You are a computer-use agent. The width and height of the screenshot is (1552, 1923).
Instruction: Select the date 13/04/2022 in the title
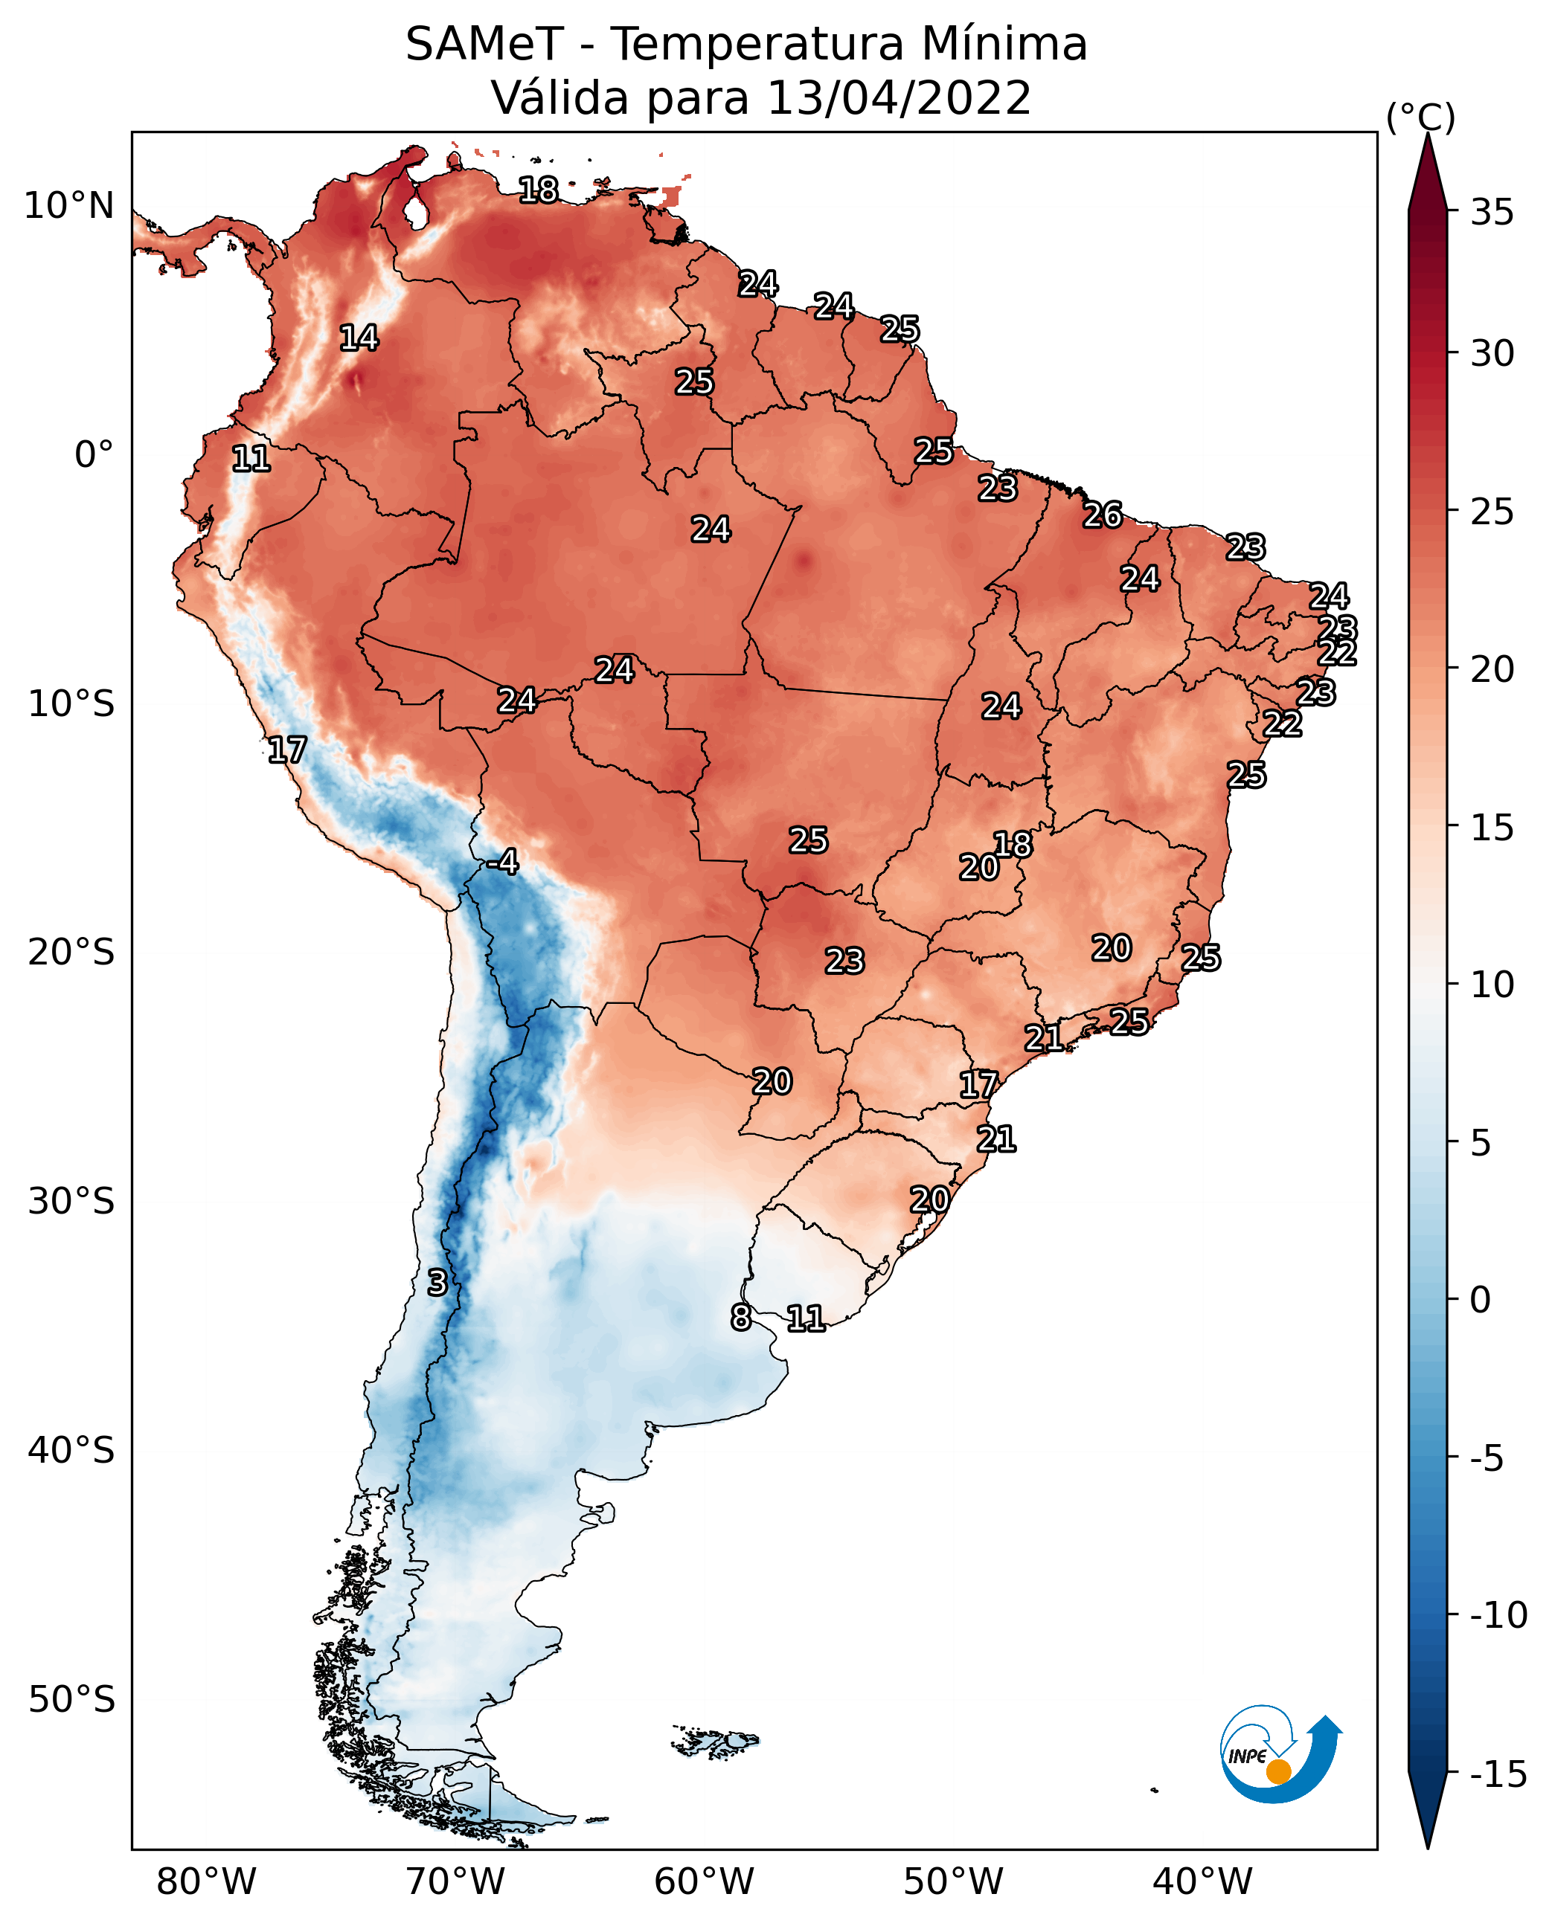[899, 98]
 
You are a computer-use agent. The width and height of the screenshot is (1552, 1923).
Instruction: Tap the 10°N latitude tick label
[69, 207]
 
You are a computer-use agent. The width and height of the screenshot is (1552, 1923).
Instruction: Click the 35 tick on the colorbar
[1492, 213]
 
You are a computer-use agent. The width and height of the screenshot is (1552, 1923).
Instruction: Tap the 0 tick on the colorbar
[1481, 1299]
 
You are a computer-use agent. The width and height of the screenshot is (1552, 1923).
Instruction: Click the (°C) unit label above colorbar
[1420, 117]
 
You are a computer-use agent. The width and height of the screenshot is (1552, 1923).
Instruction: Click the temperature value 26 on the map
[1103, 515]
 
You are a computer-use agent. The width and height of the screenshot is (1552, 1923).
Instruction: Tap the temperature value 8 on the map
[740, 1317]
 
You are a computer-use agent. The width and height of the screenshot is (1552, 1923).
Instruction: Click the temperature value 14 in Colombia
[359, 338]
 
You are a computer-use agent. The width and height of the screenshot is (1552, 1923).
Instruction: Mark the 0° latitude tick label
[94, 455]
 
